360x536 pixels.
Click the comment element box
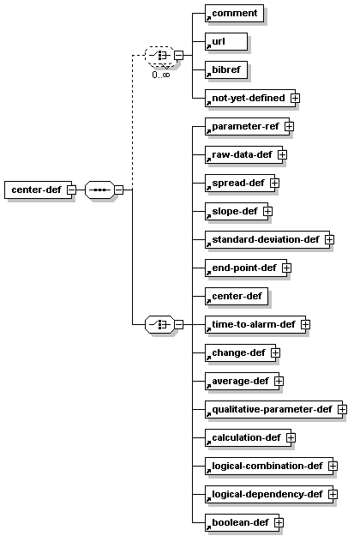tap(234, 14)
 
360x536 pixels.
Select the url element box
tap(226, 42)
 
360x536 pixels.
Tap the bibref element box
tap(226, 70)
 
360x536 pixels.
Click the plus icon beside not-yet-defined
tap(296, 98)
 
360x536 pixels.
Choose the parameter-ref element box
tap(248, 126)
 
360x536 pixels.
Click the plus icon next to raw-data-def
tap(282, 155)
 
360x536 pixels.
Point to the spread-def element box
tap(240, 184)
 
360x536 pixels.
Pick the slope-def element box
tap(237, 212)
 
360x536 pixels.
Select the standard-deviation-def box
tap(267, 240)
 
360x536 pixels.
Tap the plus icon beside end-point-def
tap(286, 268)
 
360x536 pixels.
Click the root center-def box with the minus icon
tap(39, 190)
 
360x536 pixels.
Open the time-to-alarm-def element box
tap(255, 325)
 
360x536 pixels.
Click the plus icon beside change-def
tap(275, 352)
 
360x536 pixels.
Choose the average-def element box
tap(243, 382)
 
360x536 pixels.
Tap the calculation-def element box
tap(248, 438)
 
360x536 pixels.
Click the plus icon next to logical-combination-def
tap(333, 467)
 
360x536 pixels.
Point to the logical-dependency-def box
tap(269, 495)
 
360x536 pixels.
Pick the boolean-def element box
tap(243, 523)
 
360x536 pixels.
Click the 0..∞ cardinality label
tap(161, 75)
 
